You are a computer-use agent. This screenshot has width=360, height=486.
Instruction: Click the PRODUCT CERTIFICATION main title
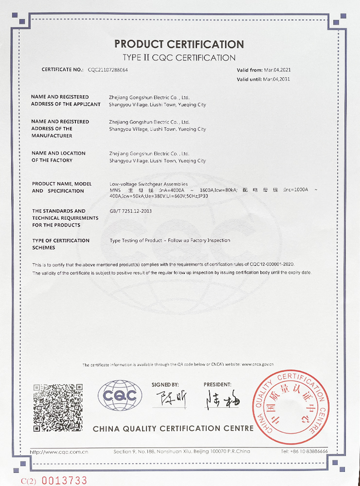point(179,44)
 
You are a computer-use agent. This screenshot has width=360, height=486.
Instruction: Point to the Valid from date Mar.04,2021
point(278,70)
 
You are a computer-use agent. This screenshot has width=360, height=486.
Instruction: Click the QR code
point(58,407)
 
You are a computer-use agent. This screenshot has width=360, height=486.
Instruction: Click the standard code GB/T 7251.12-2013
point(131,211)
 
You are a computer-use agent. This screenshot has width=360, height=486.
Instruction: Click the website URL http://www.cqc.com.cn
point(59,452)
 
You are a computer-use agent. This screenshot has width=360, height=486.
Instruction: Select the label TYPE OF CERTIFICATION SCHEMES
point(61,244)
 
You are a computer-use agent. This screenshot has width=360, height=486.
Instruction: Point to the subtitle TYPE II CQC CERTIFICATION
point(179,58)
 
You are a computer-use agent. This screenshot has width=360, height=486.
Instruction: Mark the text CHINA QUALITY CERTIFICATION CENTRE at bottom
point(173,429)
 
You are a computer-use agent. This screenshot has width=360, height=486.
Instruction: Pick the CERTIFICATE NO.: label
point(63,70)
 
